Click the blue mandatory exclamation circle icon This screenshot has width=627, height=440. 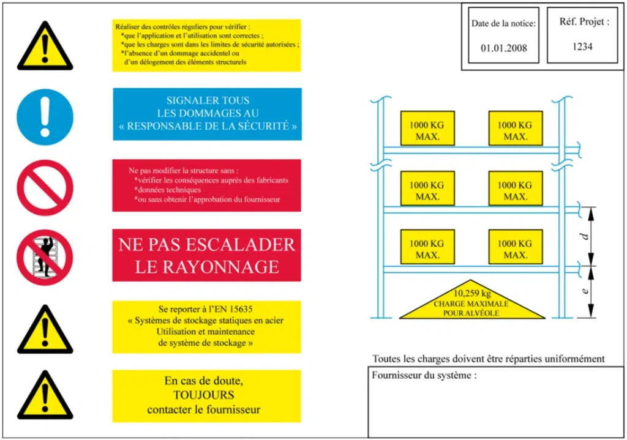44,117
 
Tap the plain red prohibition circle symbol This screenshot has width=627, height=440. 44,188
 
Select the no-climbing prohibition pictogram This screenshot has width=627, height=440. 44,258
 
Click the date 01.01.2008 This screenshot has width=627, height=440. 503,48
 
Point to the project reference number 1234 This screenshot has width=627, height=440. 582,46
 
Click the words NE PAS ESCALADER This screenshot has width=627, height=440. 206,245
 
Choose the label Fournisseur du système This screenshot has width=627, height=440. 424,375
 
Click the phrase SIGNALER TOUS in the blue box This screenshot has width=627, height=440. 208,100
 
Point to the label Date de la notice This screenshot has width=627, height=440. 503,24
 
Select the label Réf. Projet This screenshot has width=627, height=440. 584,22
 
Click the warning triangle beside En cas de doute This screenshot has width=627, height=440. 44,397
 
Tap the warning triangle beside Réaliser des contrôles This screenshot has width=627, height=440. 44,45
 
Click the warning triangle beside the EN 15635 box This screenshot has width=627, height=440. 44,331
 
